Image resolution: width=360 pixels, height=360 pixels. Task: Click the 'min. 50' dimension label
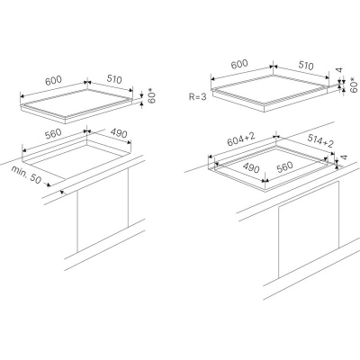[x=26, y=175]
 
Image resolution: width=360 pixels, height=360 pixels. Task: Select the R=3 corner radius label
[x=198, y=96]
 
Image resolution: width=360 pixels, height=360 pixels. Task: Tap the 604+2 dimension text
[x=241, y=139]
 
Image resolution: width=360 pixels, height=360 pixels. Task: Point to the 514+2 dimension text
[x=320, y=140]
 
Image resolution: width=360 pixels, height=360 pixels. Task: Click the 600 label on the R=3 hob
[x=240, y=64]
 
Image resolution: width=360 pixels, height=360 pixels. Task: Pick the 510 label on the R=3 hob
[x=306, y=65]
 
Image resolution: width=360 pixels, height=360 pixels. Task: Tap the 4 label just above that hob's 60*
[x=339, y=70]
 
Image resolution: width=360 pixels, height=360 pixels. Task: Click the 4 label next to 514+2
[x=344, y=157]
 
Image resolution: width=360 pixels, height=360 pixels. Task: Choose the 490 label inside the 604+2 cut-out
[x=251, y=168]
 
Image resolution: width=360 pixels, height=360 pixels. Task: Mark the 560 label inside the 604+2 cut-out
[x=284, y=166]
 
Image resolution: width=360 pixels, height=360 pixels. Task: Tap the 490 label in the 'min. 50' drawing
[x=119, y=133]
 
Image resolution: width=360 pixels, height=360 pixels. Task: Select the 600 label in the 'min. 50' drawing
[x=53, y=81]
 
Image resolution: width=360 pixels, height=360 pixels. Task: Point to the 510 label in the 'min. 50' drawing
[x=114, y=79]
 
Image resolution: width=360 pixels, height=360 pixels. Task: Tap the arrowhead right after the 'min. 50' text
[x=48, y=184]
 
